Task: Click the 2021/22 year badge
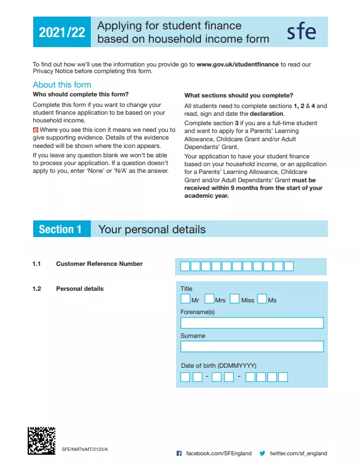point(61,32)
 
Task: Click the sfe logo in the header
point(301,32)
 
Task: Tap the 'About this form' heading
point(62,85)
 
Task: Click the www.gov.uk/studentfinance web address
point(237,64)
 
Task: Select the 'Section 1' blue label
point(60,229)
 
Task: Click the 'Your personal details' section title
point(152,229)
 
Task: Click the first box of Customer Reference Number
point(185,266)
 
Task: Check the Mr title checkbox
point(186,299)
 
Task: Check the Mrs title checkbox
point(209,299)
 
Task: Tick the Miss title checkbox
point(234,299)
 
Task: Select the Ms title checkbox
point(262,299)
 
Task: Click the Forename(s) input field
point(252,323)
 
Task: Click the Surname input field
point(252,347)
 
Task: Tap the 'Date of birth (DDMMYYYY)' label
point(219,366)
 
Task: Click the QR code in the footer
point(42,440)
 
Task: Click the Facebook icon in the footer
point(179,453)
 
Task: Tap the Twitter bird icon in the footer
point(263,453)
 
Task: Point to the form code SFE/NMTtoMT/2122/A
point(85,449)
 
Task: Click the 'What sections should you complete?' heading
point(239,95)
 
